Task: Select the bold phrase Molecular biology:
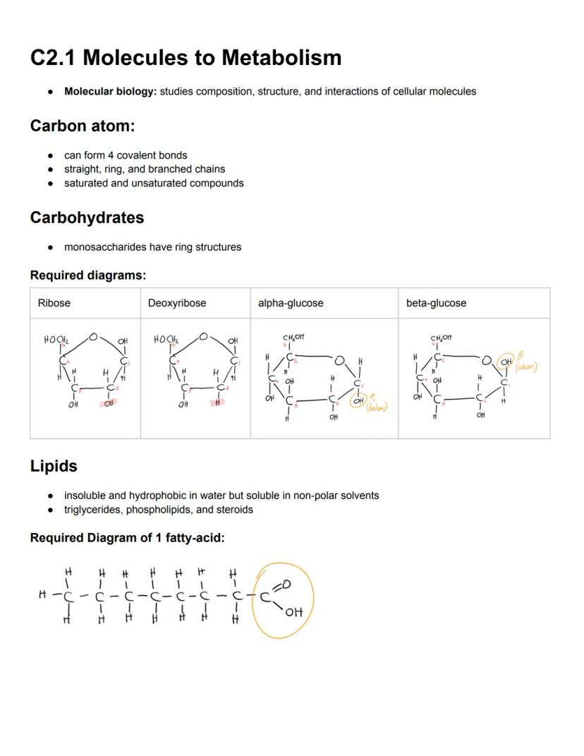pos(110,91)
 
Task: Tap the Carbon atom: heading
pos(82,126)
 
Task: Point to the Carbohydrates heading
pos(87,217)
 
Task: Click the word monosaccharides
pos(105,247)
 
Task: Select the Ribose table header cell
pos(54,303)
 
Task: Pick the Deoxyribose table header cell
pos(177,303)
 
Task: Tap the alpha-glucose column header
pos(291,303)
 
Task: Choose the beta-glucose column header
pos(436,303)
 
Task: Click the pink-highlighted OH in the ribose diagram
pos(109,404)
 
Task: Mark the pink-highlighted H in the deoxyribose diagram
pos(219,403)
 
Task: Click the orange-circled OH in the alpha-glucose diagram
pos(359,400)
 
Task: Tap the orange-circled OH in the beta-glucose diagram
pos(506,363)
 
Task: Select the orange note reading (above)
pos(526,367)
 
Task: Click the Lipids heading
pos(54,466)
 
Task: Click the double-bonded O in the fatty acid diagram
pos(286,584)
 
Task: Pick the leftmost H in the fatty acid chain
pos(42,595)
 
